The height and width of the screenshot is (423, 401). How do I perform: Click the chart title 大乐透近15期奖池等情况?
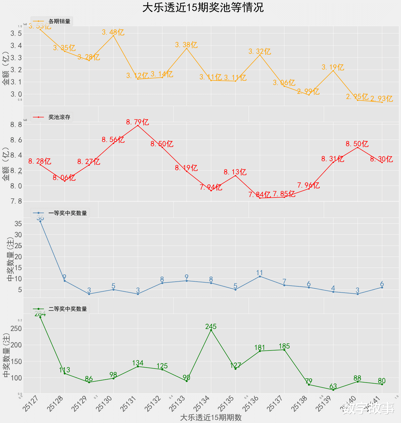(203, 7)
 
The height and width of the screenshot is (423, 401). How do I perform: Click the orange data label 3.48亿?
(113, 32)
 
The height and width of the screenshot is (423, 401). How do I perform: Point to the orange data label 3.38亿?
(186, 45)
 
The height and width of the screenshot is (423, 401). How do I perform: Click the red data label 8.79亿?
(138, 122)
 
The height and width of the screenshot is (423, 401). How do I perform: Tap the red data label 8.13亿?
(235, 172)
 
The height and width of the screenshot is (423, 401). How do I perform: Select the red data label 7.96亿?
(308, 185)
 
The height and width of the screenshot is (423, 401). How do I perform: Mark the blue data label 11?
(260, 273)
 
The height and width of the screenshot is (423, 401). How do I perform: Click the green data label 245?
(211, 326)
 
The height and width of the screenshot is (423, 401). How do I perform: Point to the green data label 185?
(284, 346)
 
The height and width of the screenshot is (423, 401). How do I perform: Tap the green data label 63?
(333, 386)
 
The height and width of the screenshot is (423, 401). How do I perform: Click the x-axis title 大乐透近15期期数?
(211, 418)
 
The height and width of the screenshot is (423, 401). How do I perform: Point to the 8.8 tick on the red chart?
(16, 125)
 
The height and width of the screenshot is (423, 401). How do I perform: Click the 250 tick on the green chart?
(16, 328)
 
